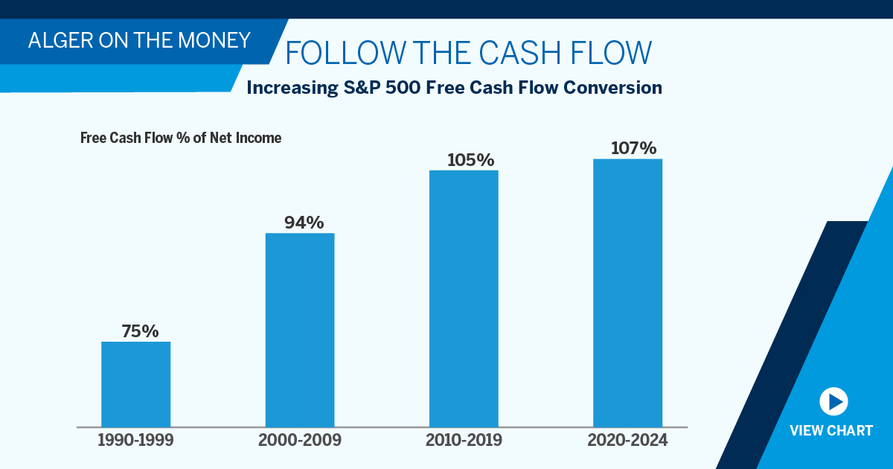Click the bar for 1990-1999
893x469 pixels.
point(136,384)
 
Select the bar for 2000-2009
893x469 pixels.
point(300,330)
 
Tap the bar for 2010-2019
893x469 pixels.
point(464,299)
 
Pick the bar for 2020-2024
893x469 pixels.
point(627,293)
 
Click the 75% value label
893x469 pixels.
point(141,331)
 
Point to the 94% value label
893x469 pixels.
point(304,223)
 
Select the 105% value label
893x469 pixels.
point(470,160)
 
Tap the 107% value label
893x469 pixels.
point(633,148)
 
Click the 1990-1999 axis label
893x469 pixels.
point(135,440)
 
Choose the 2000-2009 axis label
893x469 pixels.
point(300,440)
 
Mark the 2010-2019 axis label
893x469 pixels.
point(464,440)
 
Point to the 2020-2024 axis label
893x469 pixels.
point(627,440)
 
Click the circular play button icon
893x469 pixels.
point(833,402)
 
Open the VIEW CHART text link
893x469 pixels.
point(831,431)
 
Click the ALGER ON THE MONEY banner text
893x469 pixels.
point(139,40)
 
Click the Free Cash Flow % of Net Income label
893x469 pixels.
point(181,138)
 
